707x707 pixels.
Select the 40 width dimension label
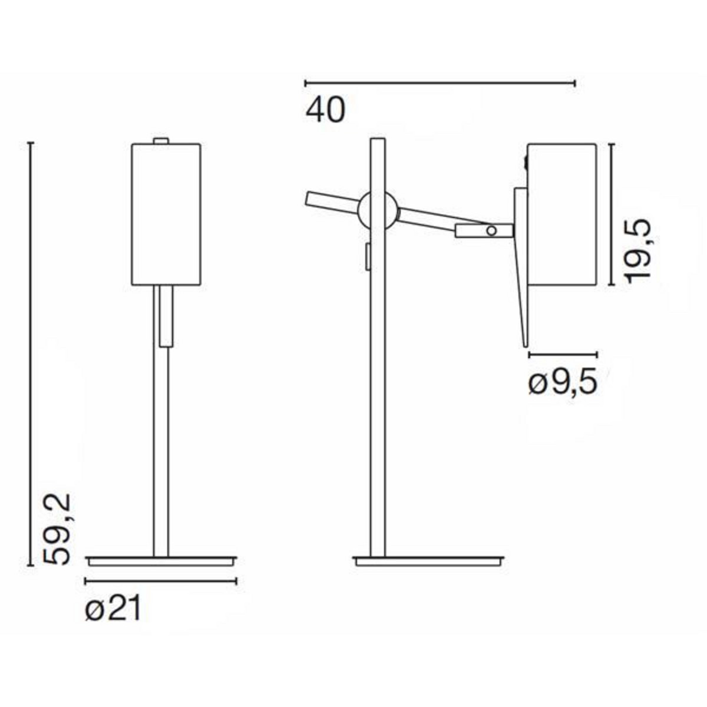(325, 111)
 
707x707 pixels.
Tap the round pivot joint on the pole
(378, 210)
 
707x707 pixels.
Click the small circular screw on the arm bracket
(491, 231)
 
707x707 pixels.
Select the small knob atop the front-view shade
(161, 141)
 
